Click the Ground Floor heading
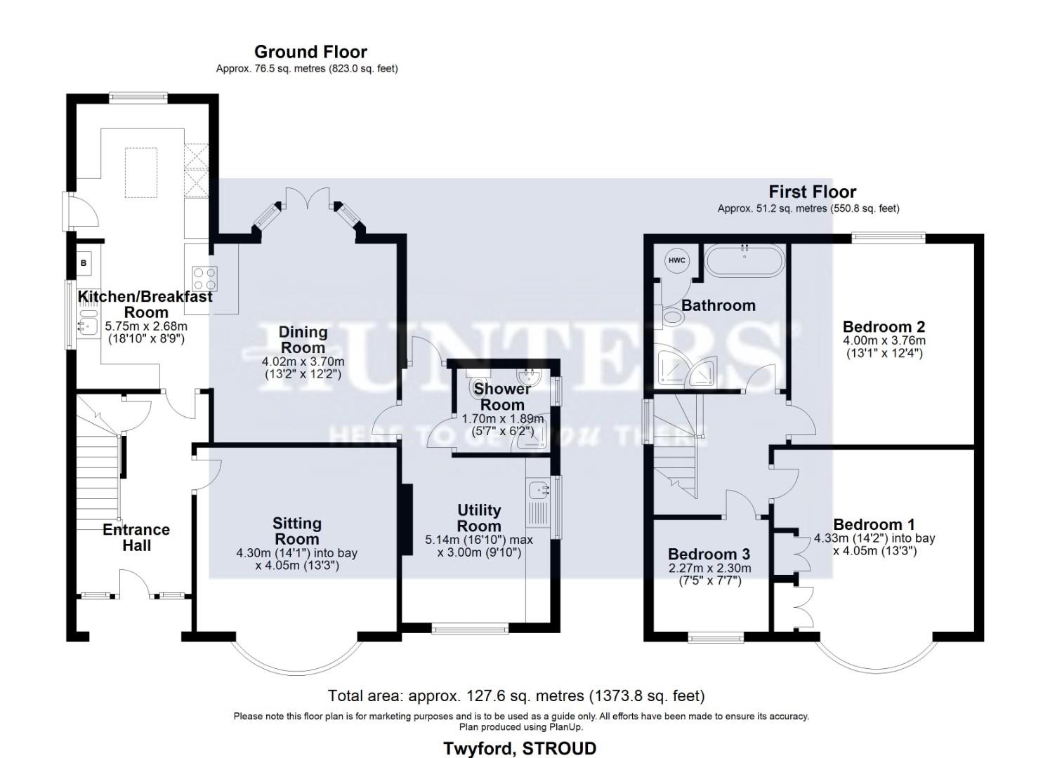(310, 52)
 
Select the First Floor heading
(812, 192)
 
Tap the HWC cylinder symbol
(676, 260)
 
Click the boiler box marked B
(84, 263)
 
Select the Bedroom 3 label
(709, 554)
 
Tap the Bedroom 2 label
(883, 326)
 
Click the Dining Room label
(303, 340)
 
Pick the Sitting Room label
(296, 531)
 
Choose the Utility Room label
(479, 518)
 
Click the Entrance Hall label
(136, 538)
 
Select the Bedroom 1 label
(873, 524)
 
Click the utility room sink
(539, 489)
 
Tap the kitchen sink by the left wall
(87, 324)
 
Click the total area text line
(516, 696)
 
